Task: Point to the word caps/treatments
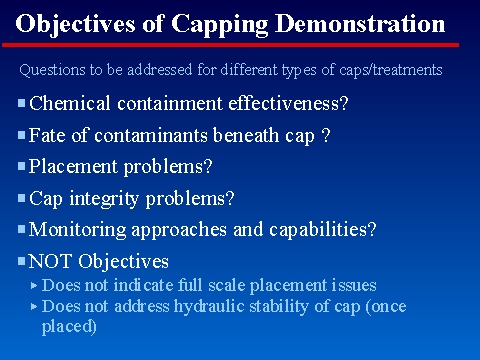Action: point(394,71)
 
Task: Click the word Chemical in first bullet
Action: point(68,102)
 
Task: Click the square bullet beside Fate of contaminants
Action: point(22,134)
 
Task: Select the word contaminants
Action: point(139,134)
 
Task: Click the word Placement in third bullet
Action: point(72,166)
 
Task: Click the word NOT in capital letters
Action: point(53,262)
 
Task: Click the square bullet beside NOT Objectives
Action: point(22,261)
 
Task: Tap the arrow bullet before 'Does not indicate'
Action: point(35,285)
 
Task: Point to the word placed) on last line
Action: point(69,326)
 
